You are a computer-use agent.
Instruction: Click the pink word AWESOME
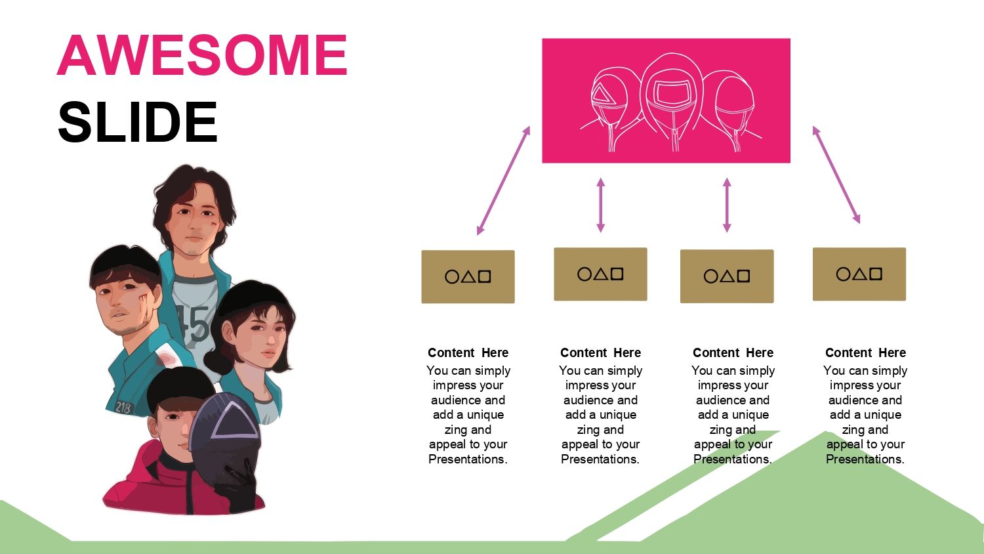(203, 55)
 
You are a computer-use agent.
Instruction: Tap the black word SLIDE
(138, 122)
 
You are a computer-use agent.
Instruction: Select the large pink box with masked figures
(666, 100)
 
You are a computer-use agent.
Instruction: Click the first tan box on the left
(468, 276)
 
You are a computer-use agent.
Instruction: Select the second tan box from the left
(600, 274)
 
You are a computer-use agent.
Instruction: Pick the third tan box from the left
(727, 276)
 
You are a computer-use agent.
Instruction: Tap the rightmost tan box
(859, 274)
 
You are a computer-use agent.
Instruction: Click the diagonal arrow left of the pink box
(503, 181)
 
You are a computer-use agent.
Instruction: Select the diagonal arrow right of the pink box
(836, 175)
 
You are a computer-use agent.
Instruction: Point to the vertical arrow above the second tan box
(600, 205)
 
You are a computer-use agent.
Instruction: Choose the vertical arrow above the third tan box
(727, 205)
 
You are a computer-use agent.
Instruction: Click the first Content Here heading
(468, 352)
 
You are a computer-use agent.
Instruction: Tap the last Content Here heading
(865, 352)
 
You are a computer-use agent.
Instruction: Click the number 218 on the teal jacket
(123, 408)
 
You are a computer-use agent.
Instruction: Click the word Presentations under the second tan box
(600, 459)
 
